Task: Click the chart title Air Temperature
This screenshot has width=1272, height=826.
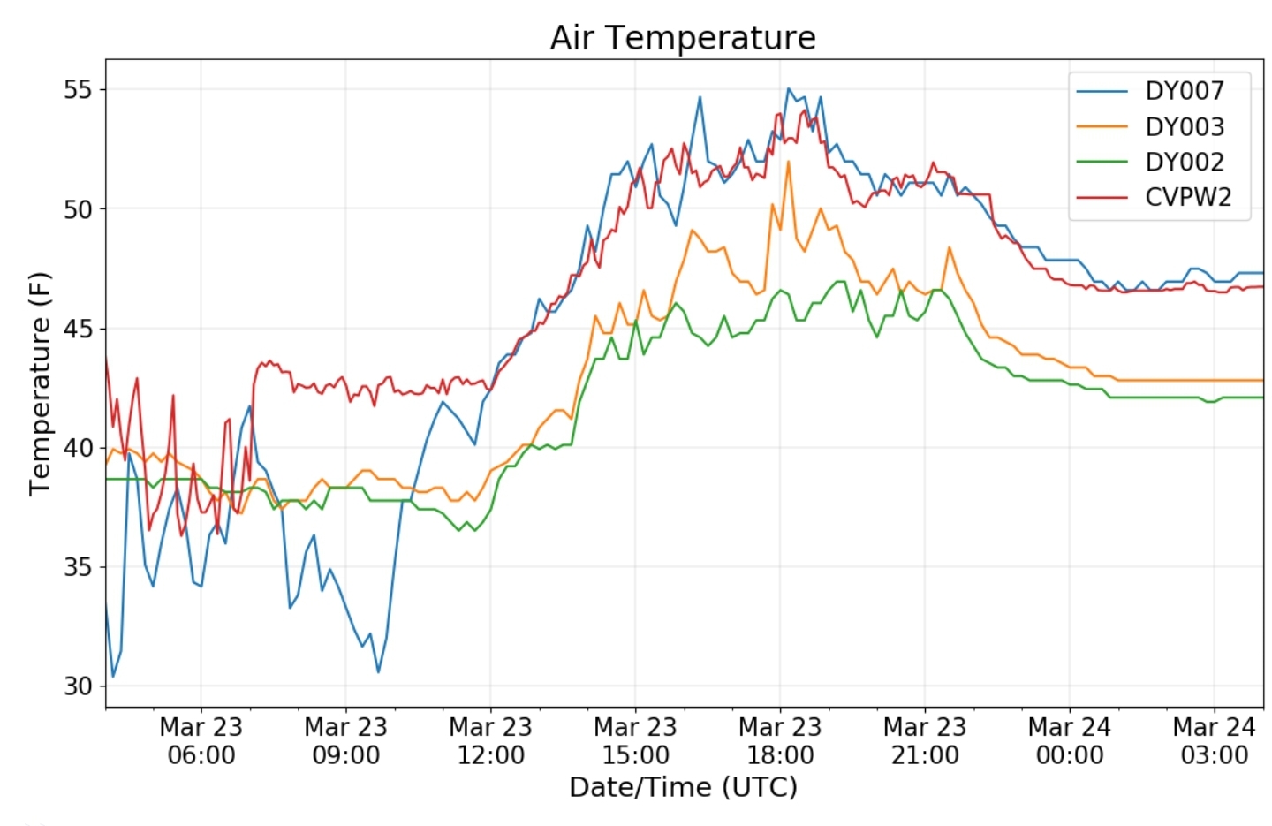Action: (x=683, y=38)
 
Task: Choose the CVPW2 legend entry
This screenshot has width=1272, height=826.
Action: (x=1154, y=198)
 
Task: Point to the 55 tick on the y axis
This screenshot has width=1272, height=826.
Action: (x=78, y=90)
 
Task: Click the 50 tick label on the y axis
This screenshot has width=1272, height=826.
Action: (x=78, y=209)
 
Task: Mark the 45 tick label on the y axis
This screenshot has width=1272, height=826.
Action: (x=78, y=329)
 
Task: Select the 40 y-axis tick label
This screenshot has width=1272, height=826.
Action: (x=78, y=448)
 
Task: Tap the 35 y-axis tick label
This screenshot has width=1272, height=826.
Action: (x=78, y=567)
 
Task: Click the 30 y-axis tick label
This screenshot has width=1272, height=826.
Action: (x=78, y=686)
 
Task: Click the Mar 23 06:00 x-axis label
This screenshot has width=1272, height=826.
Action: (x=201, y=741)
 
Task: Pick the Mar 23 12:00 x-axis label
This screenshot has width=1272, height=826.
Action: (x=490, y=741)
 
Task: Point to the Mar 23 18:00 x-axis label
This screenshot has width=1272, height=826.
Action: (x=780, y=741)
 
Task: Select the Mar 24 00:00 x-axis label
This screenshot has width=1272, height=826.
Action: (x=1070, y=741)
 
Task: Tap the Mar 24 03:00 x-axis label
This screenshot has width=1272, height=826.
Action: (x=1214, y=741)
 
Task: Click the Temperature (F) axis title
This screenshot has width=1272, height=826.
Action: (x=40, y=384)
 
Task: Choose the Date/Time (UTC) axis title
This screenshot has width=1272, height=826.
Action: (x=683, y=788)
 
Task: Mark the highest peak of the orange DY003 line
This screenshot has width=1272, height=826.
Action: (x=788, y=162)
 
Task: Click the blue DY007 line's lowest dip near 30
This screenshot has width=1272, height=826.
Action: (x=113, y=676)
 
